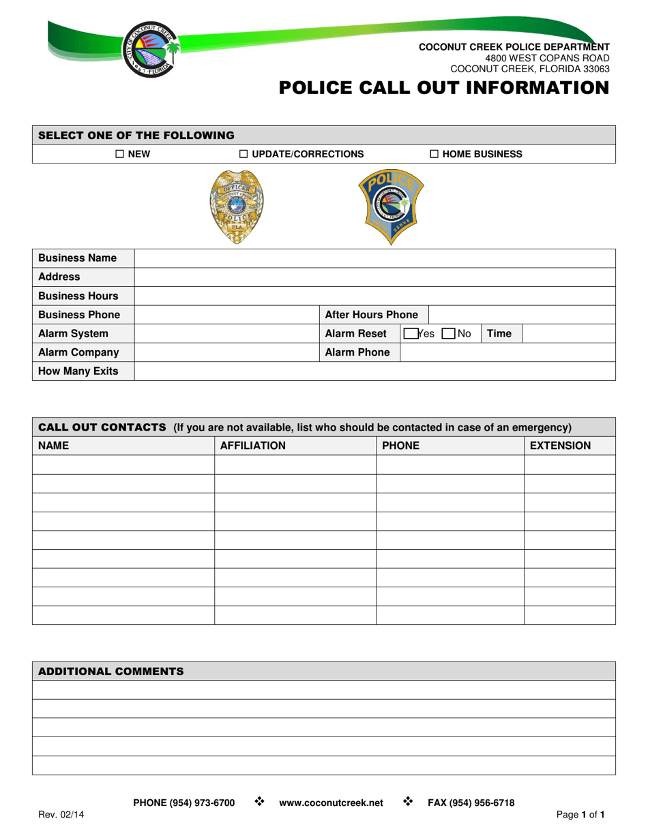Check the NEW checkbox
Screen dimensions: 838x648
119,154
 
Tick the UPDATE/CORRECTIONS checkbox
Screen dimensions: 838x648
244,154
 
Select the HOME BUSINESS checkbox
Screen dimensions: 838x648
435,154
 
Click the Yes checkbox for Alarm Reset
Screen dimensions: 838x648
410,334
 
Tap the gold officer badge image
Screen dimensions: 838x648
236,206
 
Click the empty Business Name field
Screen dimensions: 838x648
375,258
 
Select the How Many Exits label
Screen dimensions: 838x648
78,371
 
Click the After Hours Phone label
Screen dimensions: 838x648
372,315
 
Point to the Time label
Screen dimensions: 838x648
500,334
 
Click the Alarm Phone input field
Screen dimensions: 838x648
507,352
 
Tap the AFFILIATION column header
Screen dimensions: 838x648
252,446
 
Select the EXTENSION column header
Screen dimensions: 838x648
560,446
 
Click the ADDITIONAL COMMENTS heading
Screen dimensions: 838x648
111,671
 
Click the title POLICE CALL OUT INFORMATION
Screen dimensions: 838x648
443,88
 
